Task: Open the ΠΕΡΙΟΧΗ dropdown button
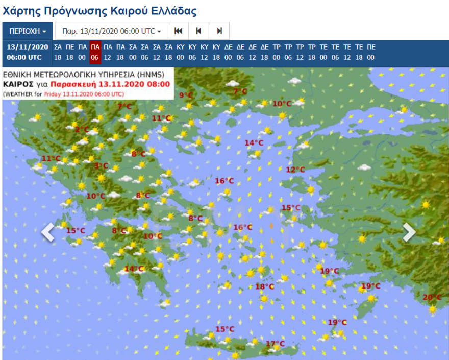pyautogui.click(x=28, y=31)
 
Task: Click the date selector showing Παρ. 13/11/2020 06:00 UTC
pyautogui.click(x=111, y=31)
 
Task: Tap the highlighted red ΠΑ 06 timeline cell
pyautogui.click(x=94, y=52)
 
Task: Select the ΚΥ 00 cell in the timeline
pyautogui.click(x=180, y=52)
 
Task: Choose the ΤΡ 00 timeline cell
pyautogui.click(x=277, y=52)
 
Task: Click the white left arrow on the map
pyautogui.click(x=48, y=232)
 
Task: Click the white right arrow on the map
pyautogui.click(x=409, y=232)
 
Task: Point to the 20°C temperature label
pyautogui.click(x=432, y=297)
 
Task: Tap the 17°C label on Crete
pyautogui.click(x=275, y=344)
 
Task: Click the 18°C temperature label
pyautogui.click(x=264, y=286)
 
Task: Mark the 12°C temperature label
pyautogui.click(x=295, y=170)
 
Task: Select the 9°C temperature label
pyautogui.click(x=186, y=95)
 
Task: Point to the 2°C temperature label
pyautogui.click(x=82, y=130)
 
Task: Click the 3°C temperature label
pyautogui.click(x=101, y=165)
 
